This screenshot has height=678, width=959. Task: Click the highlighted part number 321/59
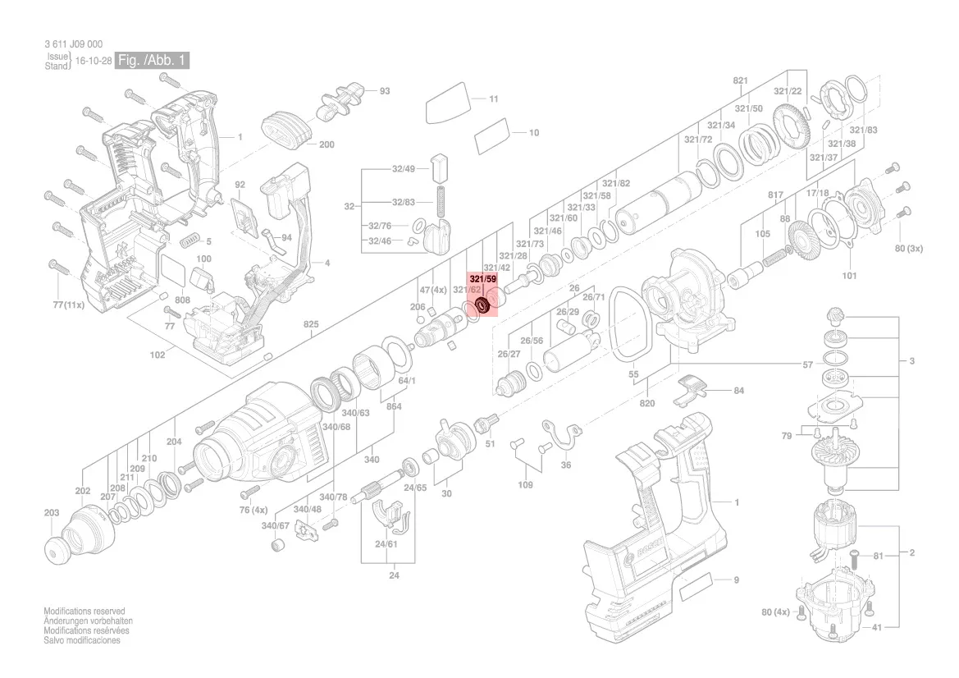483,279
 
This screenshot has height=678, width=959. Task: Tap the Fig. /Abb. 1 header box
152,60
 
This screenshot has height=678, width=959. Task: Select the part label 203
52,512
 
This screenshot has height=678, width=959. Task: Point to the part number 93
384,91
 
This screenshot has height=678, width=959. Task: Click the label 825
311,324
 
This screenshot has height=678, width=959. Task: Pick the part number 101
850,276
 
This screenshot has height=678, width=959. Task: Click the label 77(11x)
68,305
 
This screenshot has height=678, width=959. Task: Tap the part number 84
739,391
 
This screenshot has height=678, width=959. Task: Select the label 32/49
404,169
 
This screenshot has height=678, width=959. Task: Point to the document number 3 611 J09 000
73,44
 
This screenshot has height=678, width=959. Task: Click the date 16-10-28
94,62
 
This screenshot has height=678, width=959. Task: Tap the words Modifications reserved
84,611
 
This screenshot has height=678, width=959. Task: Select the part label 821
740,80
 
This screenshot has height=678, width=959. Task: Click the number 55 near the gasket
633,374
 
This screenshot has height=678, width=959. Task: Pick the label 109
525,484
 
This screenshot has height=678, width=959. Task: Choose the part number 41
876,627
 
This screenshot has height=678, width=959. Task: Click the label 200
327,144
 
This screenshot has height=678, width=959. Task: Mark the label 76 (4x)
253,510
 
